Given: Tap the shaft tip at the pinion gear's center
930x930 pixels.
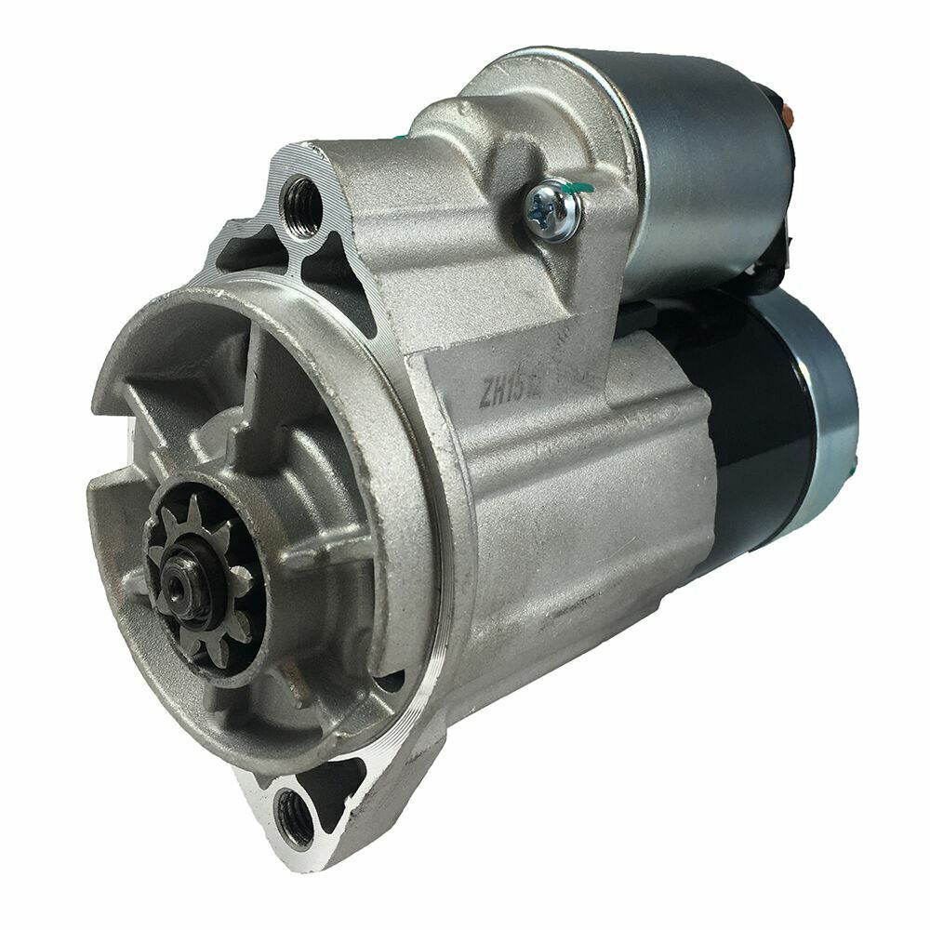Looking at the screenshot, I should pos(177,584).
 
